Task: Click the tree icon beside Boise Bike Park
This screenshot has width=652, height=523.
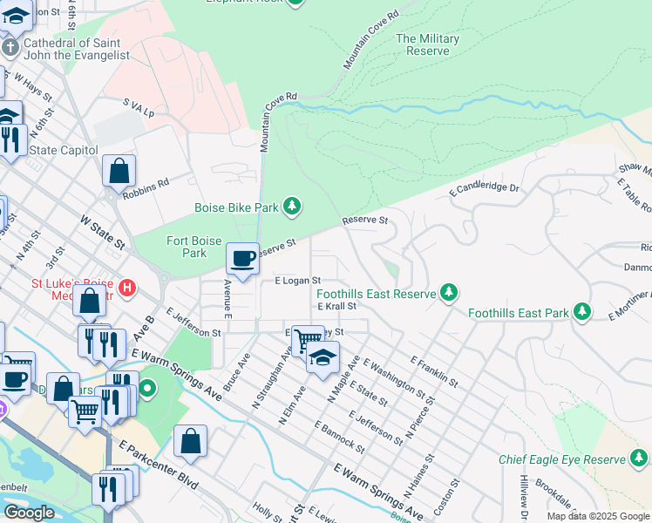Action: pyautogui.click(x=294, y=206)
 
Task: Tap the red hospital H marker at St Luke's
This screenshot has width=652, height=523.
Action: pyautogui.click(x=127, y=287)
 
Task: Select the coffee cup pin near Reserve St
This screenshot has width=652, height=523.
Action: pyautogui.click(x=243, y=259)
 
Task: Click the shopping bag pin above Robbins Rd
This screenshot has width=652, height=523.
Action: pyautogui.click(x=119, y=171)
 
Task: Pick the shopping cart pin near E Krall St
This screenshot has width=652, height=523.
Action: pyautogui.click(x=308, y=339)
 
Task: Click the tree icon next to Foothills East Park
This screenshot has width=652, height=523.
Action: pyautogui.click(x=581, y=312)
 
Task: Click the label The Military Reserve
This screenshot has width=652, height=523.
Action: pyautogui.click(x=427, y=44)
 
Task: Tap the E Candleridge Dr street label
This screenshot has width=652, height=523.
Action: pyautogui.click(x=484, y=188)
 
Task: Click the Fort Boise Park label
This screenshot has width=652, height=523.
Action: pyautogui.click(x=187, y=247)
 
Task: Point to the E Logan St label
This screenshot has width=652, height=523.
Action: pyautogui.click(x=298, y=281)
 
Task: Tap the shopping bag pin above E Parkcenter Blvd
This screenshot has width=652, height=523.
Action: pyautogui.click(x=190, y=442)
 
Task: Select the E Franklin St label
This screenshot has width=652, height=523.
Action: pyautogui.click(x=433, y=368)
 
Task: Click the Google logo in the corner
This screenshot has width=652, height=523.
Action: pyautogui.click(x=29, y=513)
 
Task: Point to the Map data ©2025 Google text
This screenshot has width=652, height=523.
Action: pyautogui.click(x=598, y=516)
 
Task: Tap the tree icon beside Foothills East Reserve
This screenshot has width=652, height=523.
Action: pyautogui.click(x=448, y=294)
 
